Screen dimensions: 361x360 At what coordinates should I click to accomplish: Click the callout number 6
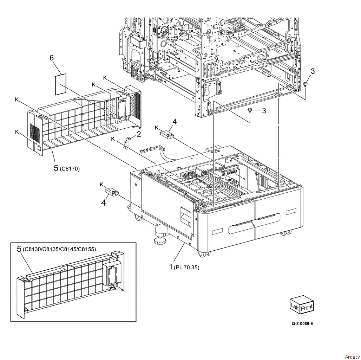click(52, 58)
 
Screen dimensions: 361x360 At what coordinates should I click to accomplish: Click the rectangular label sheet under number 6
click(60, 84)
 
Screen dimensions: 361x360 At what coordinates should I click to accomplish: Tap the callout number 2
click(139, 134)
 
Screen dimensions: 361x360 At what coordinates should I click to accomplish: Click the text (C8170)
click(70, 169)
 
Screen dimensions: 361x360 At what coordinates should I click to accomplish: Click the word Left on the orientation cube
click(295, 306)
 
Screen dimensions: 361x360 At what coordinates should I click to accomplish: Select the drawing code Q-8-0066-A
click(302, 323)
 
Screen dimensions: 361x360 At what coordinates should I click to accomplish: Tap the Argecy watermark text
click(352, 357)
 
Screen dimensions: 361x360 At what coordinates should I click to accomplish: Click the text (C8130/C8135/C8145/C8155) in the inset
click(59, 249)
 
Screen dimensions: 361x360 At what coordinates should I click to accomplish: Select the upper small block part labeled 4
click(167, 135)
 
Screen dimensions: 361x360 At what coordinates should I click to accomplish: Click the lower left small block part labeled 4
click(112, 192)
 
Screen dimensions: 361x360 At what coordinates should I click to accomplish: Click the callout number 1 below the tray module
click(171, 267)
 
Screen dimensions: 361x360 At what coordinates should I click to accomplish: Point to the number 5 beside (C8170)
click(56, 168)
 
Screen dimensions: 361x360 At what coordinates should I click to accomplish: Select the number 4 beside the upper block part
click(175, 121)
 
